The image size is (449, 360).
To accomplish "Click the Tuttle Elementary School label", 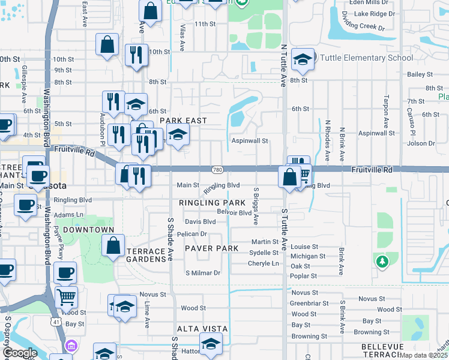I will click(x=366, y=58).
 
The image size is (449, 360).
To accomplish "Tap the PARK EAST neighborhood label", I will click(x=184, y=121).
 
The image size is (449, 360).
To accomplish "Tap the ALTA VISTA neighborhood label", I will click(x=202, y=329).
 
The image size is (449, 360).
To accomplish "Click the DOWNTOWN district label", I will click(x=89, y=230).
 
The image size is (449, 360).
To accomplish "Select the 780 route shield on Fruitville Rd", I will click(x=218, y=170).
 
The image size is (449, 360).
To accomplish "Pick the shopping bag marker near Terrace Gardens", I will click(x=113, y=246).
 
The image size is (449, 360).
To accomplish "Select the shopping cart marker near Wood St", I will click(x=66, y=297).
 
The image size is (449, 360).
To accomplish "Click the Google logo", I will click(x=20, y=353).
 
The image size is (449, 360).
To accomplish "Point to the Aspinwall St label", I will click(x=250, y=140).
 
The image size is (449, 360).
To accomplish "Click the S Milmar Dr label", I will click(x=203, y=273).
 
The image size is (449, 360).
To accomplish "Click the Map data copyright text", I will click(x=424, y=355).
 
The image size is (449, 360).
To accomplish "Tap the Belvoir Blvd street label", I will click(x=234, y=213).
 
